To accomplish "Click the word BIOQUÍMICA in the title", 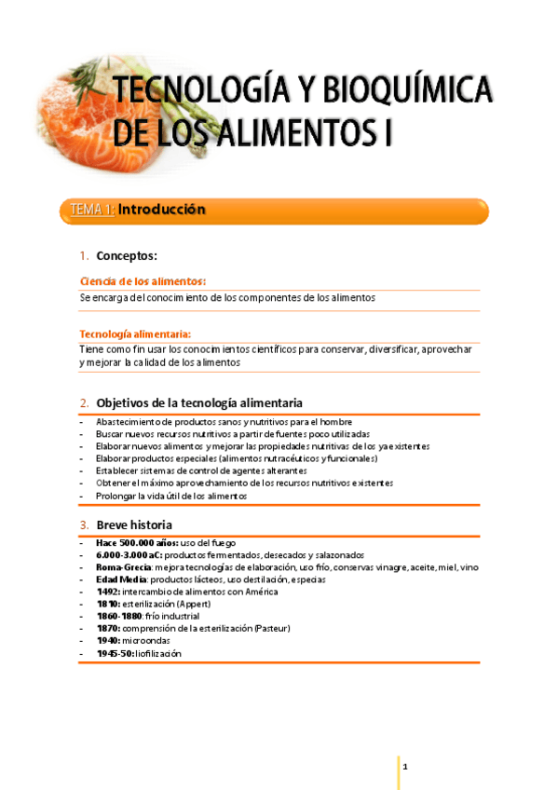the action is point(407,91).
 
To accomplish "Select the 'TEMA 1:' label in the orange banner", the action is point(91,211).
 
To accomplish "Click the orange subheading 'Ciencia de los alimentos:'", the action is point(143,280).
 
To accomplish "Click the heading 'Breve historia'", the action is point(134,524).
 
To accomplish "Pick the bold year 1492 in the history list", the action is point(108,592).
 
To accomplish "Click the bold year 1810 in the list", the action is point(108,605).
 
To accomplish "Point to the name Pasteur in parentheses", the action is point(270,629).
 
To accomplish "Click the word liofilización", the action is point(158,654).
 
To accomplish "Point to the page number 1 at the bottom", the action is point(405,766).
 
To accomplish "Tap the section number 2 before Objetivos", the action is point(84,403).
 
